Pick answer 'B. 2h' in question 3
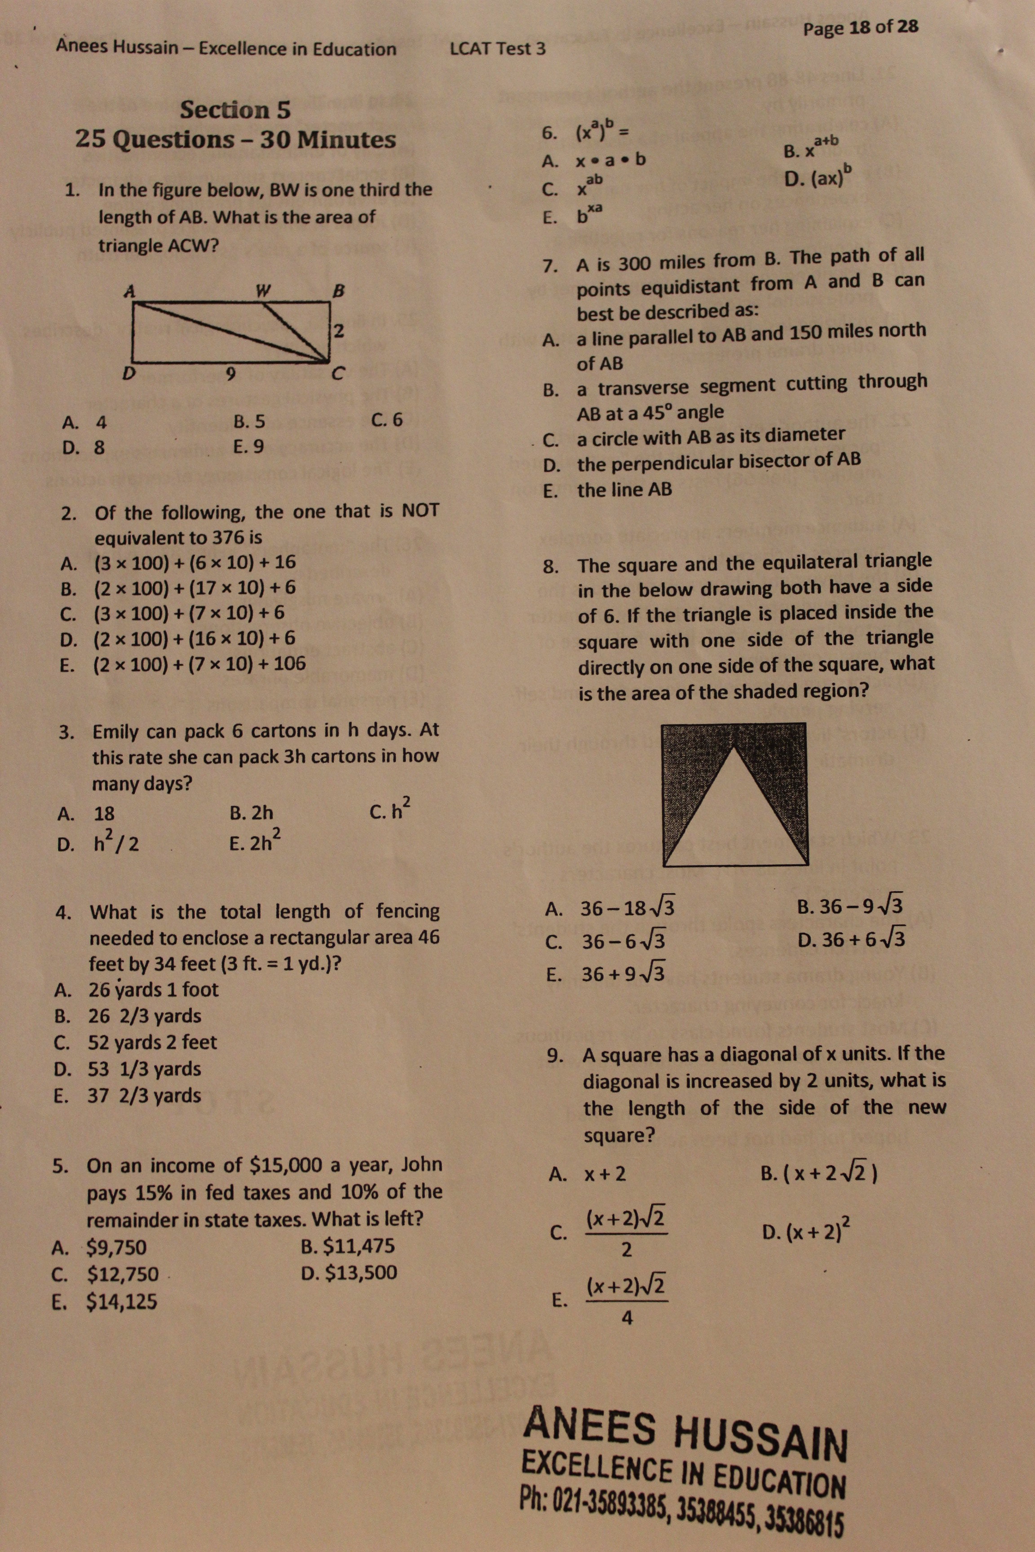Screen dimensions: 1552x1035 tap(252, 812)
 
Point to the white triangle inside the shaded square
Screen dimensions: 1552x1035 tap(734, 818)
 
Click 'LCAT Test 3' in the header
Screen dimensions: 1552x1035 tap(498, 49)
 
